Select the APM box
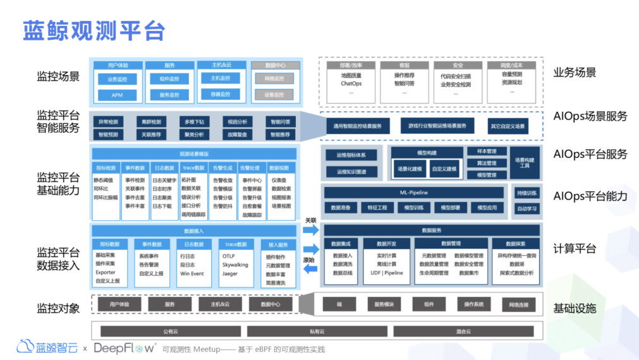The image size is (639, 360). pos(117,95)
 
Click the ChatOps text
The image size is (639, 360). pos(351,83)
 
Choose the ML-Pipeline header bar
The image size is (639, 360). pos(414,193)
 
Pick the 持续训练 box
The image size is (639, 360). pos(527,193)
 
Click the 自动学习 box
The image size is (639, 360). pos(527,208)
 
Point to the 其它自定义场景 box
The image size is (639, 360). pos(508,126)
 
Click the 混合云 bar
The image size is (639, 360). pos(463,331)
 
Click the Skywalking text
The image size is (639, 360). pos(235,265)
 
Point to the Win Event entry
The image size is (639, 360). pos(192,273)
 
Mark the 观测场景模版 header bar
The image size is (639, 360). pos(194,153)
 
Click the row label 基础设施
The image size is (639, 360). pos(575,308)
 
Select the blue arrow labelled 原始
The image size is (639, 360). pos(310,269)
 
